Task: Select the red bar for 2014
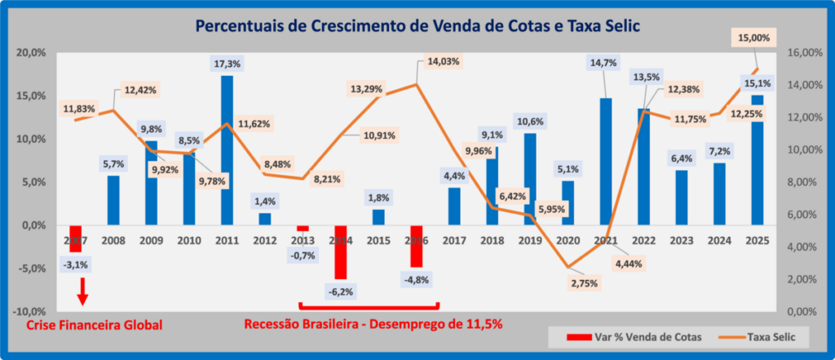click(340, 251)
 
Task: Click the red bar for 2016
click(416, 246)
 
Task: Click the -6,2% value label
click(341, 291)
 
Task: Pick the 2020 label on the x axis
click(568, 241)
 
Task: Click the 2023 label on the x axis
click(682, 241)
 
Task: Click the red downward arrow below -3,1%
click(82, 291)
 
